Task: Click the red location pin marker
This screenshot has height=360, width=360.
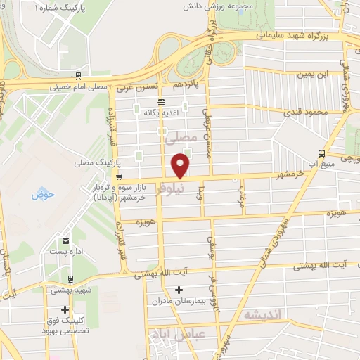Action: (x=181, y=166)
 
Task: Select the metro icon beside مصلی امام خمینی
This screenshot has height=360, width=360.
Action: (x=77, y=77)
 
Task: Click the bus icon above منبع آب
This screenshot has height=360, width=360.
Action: (x=321, y=153)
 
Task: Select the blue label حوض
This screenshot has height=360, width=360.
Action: (x=42, y=195)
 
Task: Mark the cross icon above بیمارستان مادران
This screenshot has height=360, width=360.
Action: (x=179, y=289)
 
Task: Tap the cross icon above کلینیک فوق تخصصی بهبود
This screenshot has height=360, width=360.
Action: (x=65, y=309)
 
